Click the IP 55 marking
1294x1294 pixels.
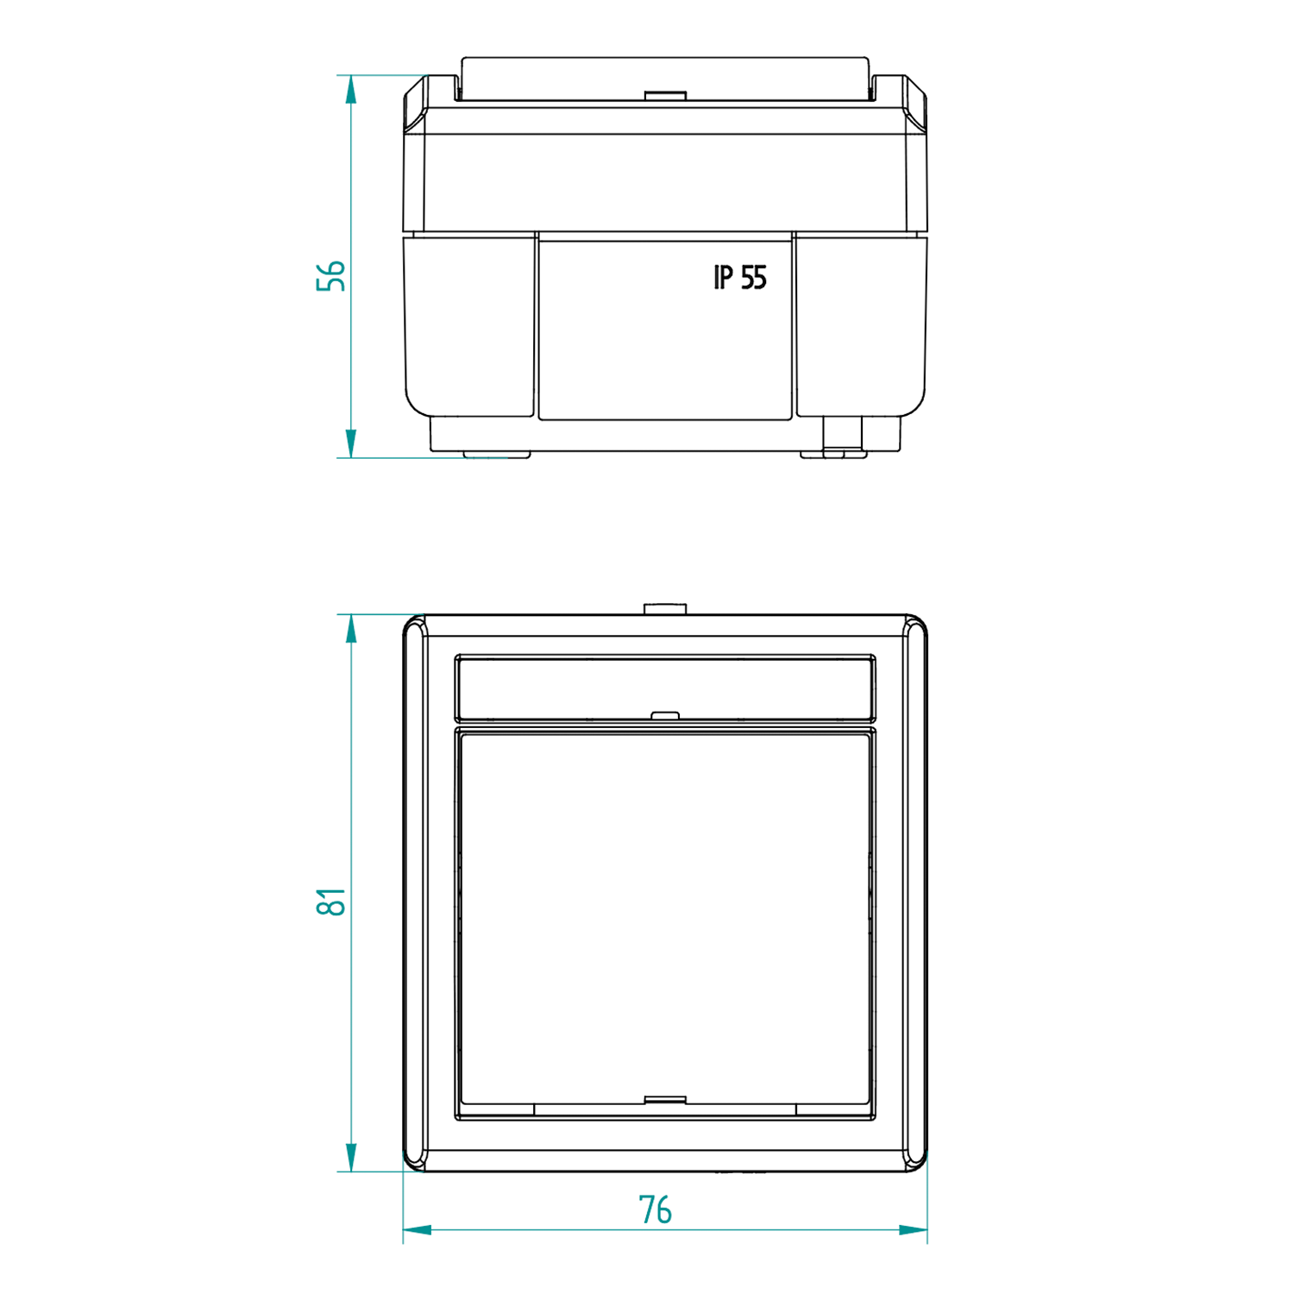click(x=740, y=277)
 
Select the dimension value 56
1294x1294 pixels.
click(x=330, y=275)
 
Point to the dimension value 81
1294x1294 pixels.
click(x=330, y=901)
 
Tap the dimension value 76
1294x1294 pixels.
click(x=655, y=1209)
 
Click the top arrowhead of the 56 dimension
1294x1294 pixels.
click(x=351, y=90)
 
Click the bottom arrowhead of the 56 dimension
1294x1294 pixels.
click(x=351, y=443)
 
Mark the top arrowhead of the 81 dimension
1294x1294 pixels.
click(x=351, y=629)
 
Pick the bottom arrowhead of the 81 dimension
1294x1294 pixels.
click(x=351, y=1157)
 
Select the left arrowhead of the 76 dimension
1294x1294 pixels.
click(x=418, y=1229)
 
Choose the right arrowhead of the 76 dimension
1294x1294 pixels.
click(x=913, y=1229)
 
